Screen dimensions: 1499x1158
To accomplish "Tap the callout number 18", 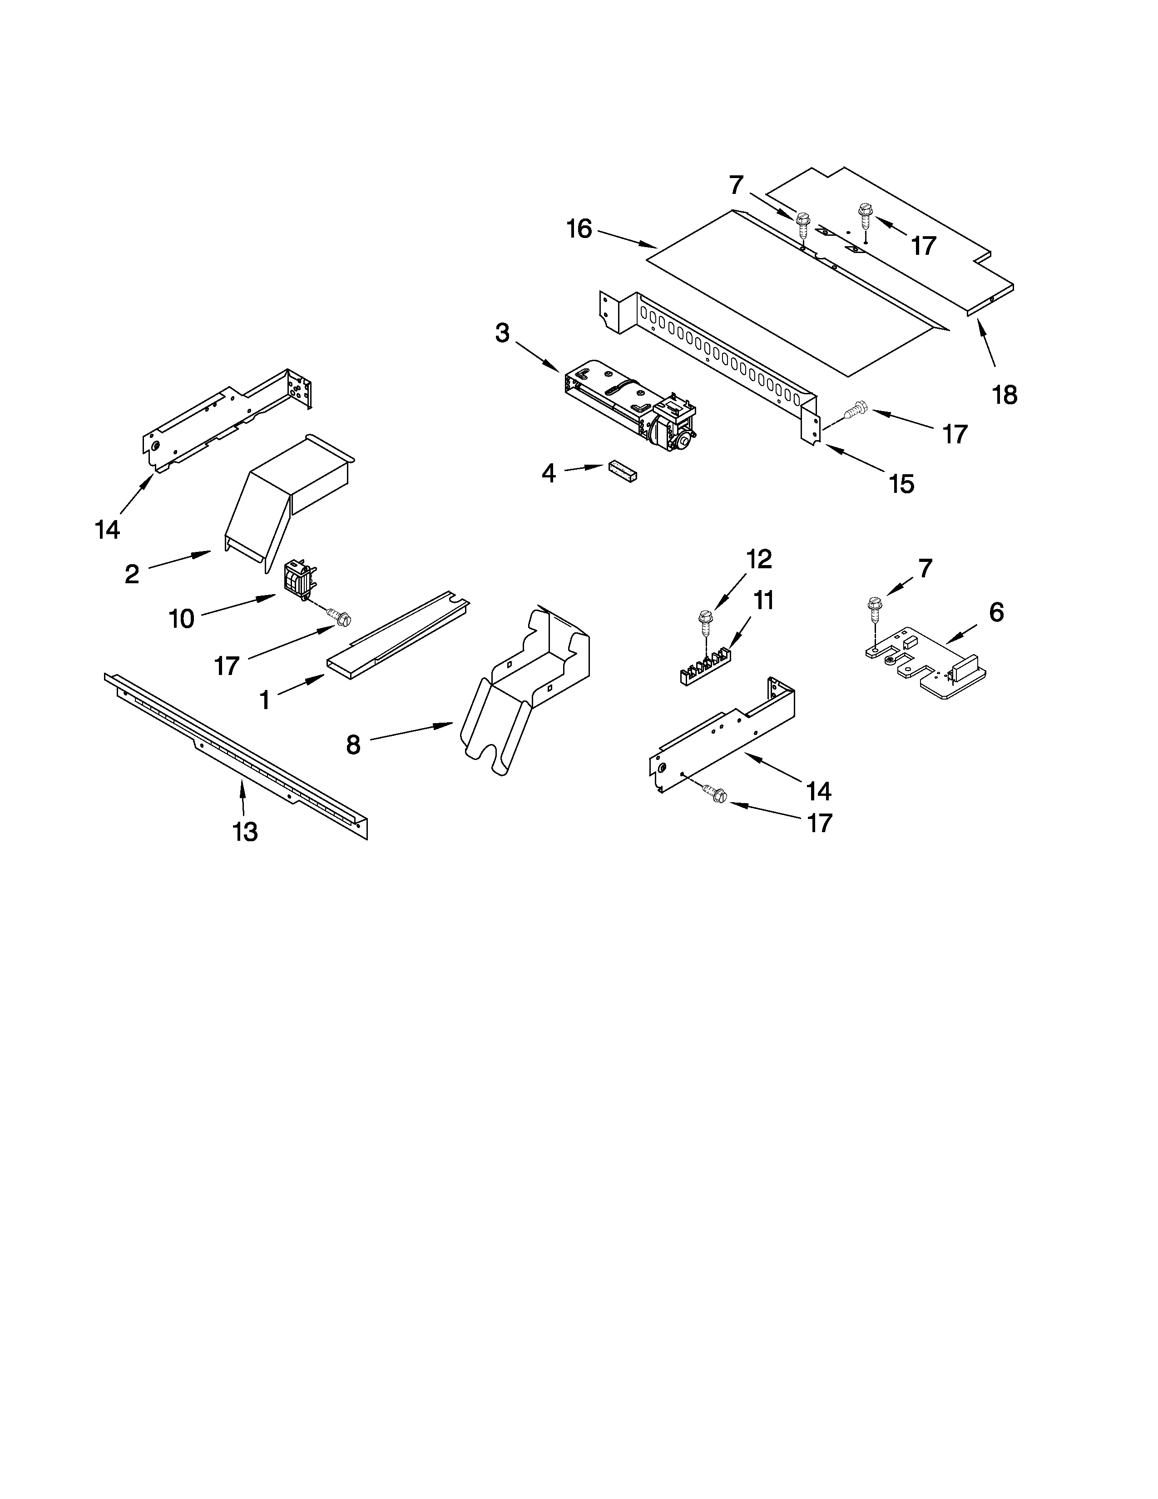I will click(1005, 395).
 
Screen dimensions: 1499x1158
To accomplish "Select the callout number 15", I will click(901, 484).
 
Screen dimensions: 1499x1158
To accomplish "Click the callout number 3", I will click(502, 333).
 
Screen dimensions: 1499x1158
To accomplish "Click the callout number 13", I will click(245, 832).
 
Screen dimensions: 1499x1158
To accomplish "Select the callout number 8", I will click(353, 744).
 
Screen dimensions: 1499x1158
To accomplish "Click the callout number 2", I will click(132, 574).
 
